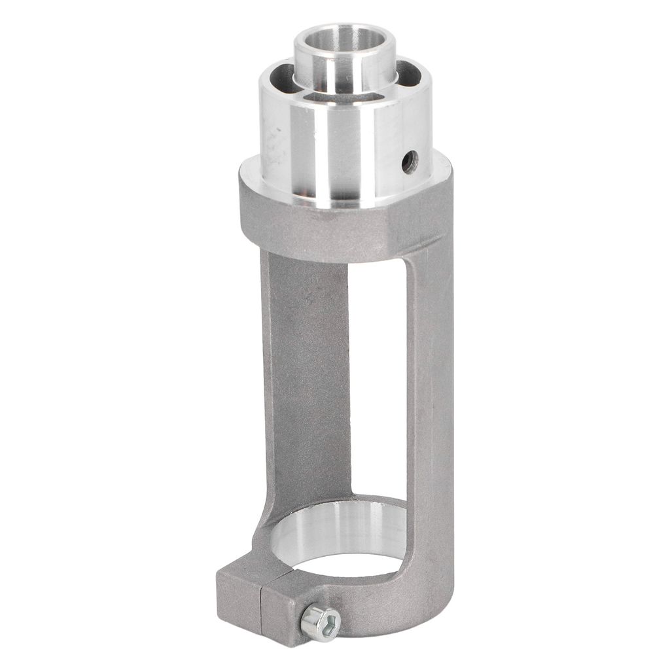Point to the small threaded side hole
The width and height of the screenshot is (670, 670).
(410, 161)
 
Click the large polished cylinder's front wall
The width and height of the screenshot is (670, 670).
(340, 157)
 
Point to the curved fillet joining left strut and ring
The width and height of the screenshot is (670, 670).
(268, 517)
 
